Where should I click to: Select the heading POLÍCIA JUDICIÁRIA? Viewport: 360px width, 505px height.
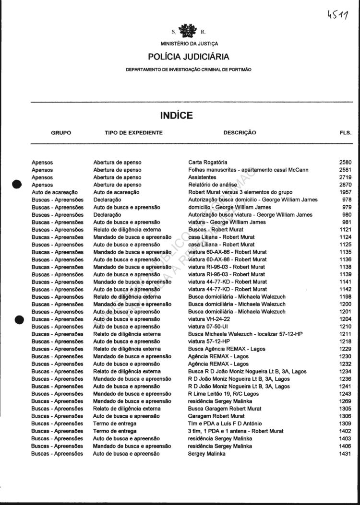click(189, 57)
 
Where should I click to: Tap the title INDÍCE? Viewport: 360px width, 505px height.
click(176, 116)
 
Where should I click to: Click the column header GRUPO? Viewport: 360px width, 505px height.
click(61, 132)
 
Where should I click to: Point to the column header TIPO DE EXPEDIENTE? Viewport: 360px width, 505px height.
click(133, 132)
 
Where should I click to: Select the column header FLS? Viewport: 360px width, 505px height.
click(345, 132)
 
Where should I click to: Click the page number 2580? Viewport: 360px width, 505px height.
click(345, 163)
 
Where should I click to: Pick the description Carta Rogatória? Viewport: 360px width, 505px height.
click(208, 163)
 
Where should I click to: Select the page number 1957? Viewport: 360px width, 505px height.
click(345, 192)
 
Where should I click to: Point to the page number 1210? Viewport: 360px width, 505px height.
click(345, 327)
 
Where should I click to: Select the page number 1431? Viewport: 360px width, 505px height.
click(345, 453)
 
